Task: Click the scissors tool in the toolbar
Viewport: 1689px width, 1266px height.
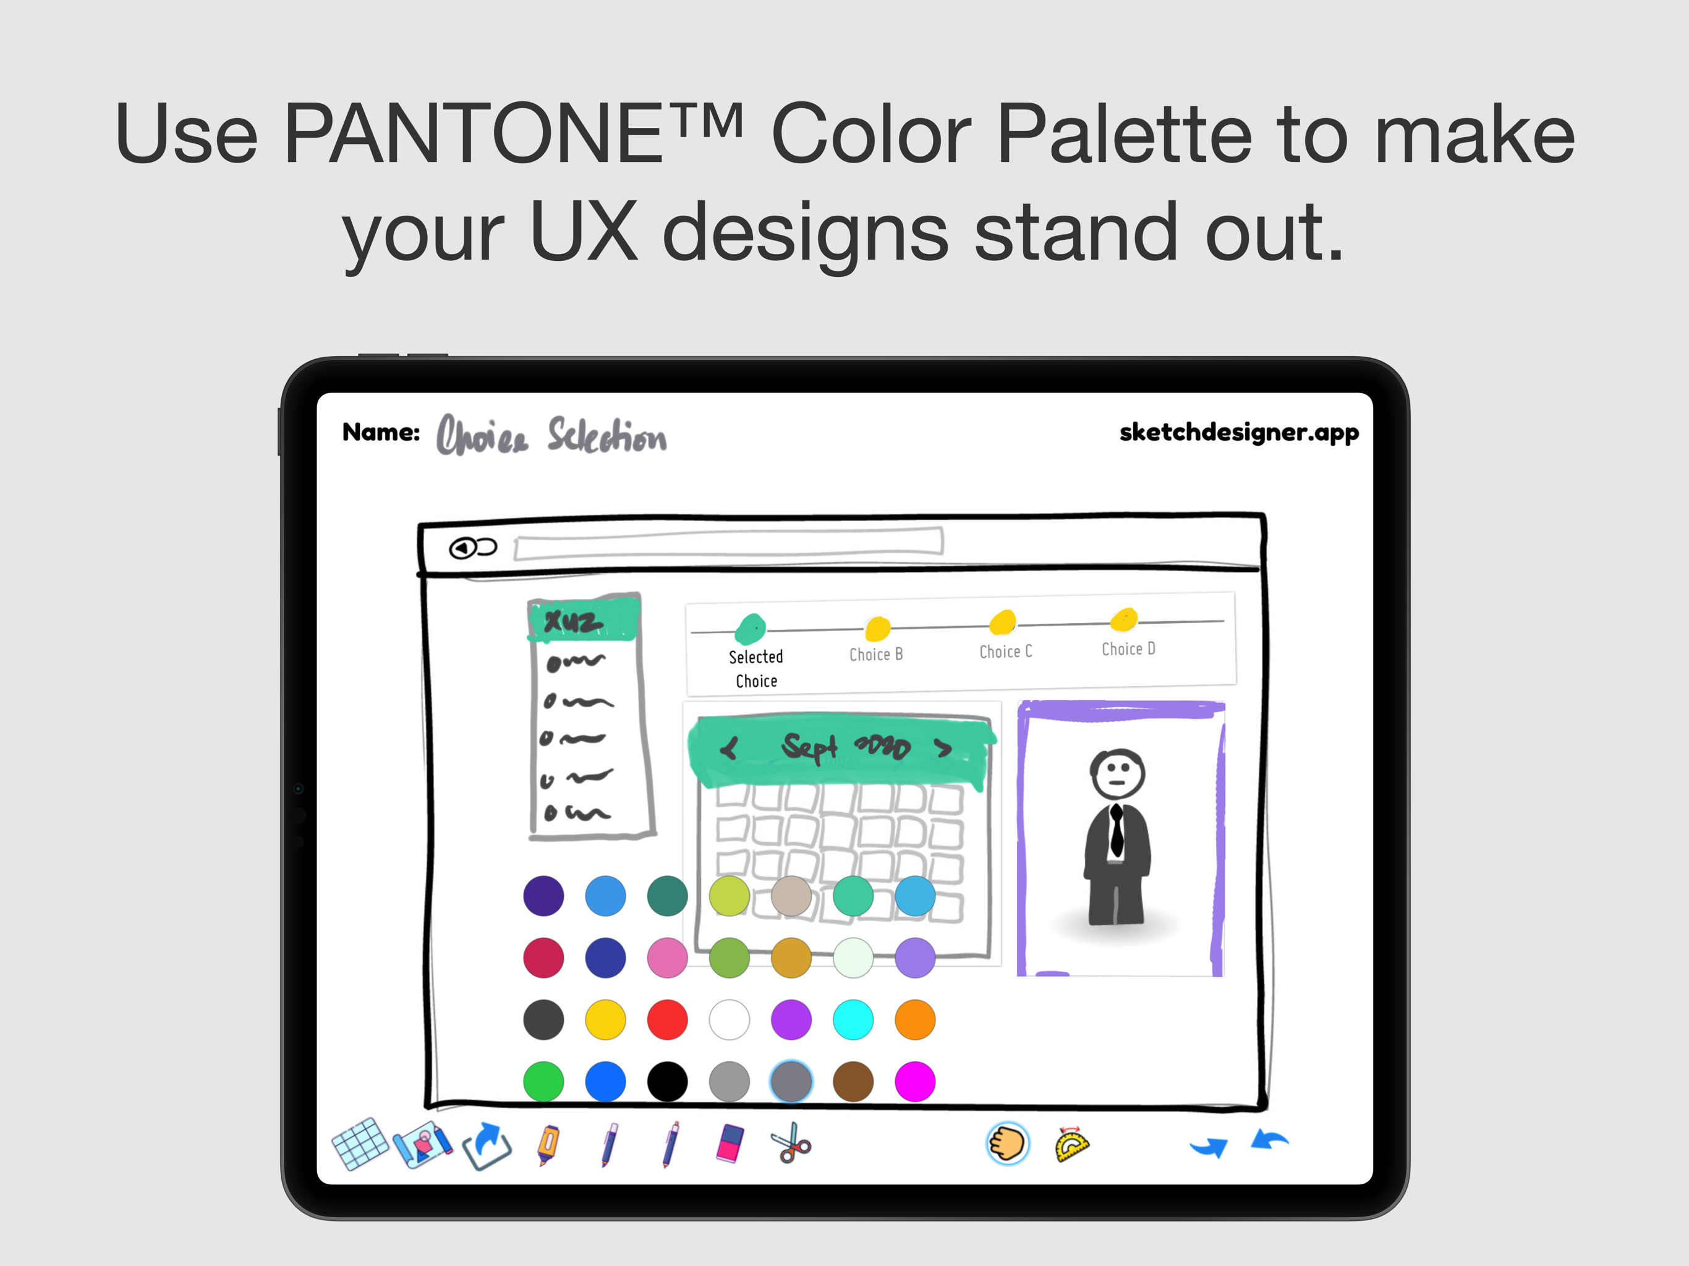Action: tap(792, 1143)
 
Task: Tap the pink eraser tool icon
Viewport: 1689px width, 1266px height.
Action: tap(730, 1143)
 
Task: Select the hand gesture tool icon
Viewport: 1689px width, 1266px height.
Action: tap(1007, 1143)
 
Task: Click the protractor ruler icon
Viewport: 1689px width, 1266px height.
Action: tap(1071, 1144)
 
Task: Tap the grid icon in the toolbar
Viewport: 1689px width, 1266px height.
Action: tap(360, 1143)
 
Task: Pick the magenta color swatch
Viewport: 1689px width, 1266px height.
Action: tap(915, 1081)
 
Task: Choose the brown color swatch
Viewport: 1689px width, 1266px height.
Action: tap(853, 1081)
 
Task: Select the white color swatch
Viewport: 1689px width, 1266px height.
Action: tap(730, 1019)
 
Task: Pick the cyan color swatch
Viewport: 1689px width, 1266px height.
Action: tap(853, 1019)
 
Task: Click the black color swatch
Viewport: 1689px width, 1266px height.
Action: tap(667, 1081)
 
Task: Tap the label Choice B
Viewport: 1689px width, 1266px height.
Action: tap(876, 655)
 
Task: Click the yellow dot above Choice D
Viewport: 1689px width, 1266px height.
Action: tap(1124, 619)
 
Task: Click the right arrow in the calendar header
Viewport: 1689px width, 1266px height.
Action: tap(944, 749)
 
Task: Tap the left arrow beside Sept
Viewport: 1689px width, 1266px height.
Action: tap(730, 749)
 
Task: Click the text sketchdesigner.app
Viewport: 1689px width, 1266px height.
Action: tap(1238, 432)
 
